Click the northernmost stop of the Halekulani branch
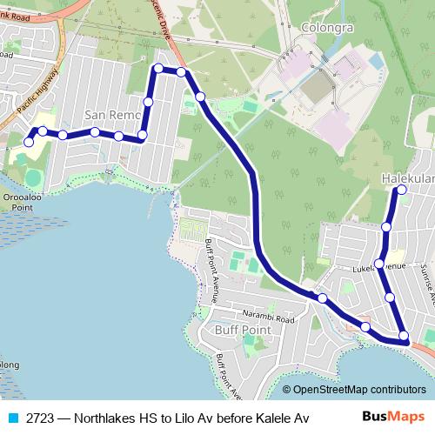pos(402,190)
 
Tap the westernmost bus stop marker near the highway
pos(29,141)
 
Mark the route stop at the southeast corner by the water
pos(404,336)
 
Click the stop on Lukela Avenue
pos(379,263)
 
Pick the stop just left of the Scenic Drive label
pos(158,68)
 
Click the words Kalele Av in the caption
pos(283,418)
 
